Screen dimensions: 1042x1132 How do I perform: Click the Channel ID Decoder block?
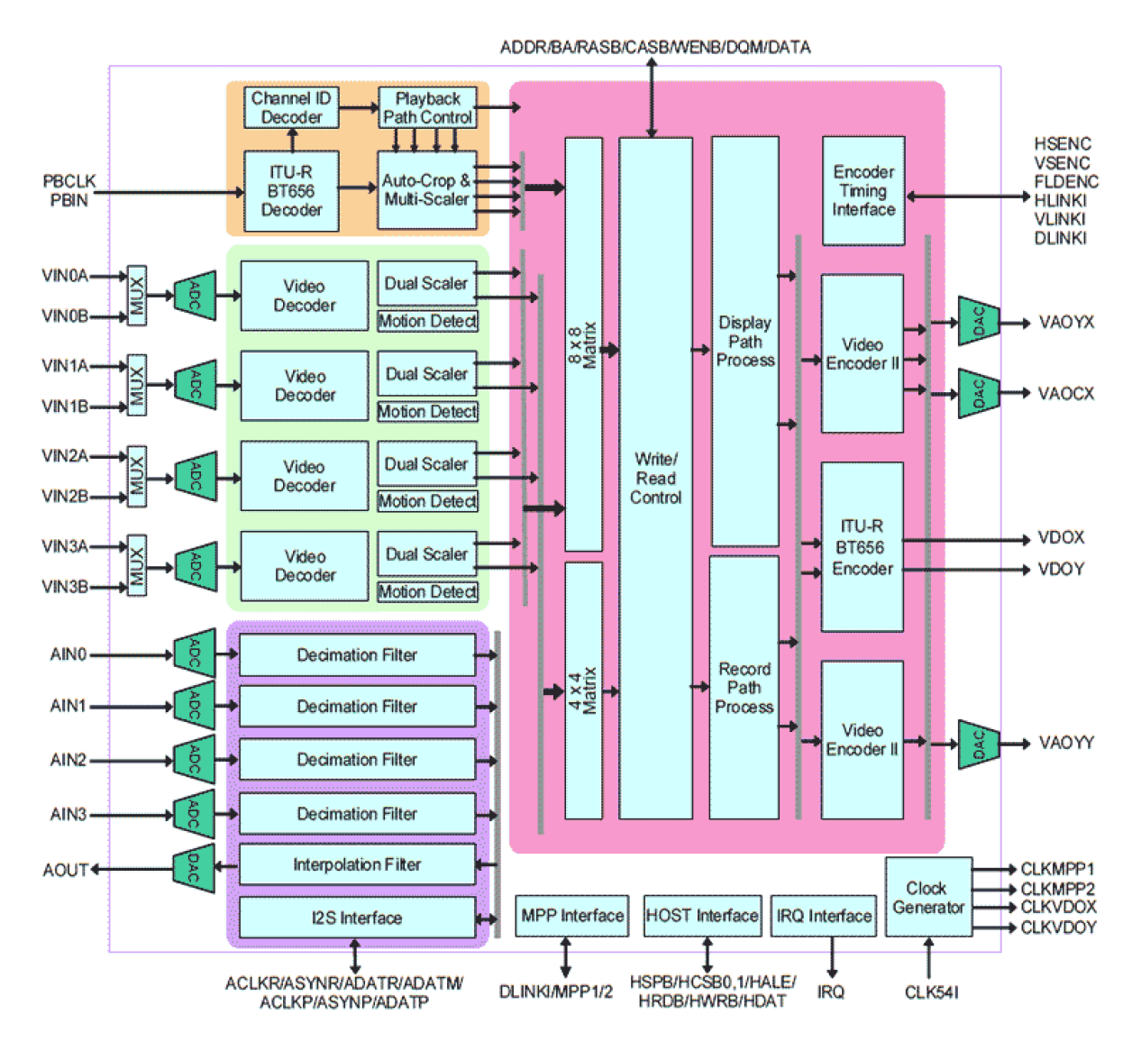coord(291,108)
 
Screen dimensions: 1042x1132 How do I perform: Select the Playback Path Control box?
coord(427,108)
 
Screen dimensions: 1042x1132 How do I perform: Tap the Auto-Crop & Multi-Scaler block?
coord(425,190)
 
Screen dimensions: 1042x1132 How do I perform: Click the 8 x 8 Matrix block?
coord(583,344)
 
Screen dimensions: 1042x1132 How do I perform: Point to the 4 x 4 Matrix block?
coord(583,690)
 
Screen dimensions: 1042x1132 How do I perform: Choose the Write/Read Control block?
coord(655,479)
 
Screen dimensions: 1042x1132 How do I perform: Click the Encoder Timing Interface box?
coord(863,191)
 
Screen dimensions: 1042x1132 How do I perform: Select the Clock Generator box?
coord(928,898)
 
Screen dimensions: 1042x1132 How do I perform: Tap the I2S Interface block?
coord(357,918)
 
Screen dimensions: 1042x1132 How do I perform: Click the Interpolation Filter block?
coord(357,865)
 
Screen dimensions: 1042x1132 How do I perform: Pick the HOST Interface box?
coord(702,916)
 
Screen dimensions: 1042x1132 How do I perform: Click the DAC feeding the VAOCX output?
coord(979,393)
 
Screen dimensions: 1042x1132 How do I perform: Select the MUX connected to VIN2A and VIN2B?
coord(137,476)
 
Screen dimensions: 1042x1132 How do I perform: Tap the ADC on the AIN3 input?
coord(195,814)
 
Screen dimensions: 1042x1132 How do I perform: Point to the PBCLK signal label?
coord(69,181)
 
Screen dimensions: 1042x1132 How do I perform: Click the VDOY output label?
coord(1061,569)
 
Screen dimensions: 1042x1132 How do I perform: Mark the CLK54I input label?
coord(931,992)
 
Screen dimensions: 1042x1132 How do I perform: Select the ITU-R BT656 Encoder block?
coord(863,547)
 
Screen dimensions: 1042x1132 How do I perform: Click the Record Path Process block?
coord(744,688)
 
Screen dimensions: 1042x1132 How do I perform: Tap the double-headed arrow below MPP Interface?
coord(565,957)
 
